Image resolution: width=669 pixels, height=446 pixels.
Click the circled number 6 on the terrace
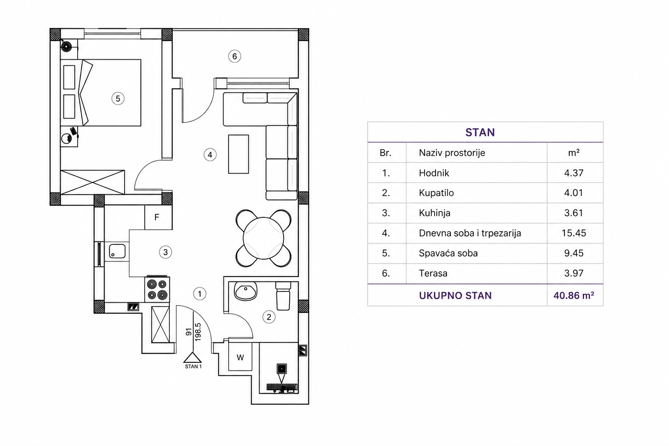[234, 56]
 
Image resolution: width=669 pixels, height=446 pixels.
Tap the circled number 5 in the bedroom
[118, 98]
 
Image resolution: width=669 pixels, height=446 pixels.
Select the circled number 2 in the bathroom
[269, 317]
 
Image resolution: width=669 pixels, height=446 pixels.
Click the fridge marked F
[158, 217]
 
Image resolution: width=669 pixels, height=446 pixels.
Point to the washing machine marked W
[240, 357]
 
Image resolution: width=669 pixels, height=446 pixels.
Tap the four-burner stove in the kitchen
[157, 290]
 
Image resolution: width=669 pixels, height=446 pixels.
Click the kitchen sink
[117, 251]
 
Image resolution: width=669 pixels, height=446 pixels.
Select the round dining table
[263, 238]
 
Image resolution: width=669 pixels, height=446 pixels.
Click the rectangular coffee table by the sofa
[238, 154]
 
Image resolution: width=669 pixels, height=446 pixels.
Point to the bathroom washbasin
[246, 291]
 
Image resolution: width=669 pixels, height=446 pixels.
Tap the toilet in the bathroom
[283, 296]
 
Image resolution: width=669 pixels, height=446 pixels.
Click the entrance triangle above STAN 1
[193, 357]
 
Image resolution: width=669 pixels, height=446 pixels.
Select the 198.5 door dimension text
[198, 332]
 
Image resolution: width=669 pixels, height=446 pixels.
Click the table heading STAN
[480, 132]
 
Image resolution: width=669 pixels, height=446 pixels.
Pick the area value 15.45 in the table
[574, 233]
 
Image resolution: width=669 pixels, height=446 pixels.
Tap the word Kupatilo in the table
[436, 193]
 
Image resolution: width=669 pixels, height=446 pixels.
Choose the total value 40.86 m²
[574, 295]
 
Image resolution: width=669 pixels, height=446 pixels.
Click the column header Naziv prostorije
[452, 153]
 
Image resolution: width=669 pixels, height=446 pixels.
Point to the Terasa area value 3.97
[574, 274]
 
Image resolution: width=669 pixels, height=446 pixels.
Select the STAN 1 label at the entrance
[193, 367]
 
